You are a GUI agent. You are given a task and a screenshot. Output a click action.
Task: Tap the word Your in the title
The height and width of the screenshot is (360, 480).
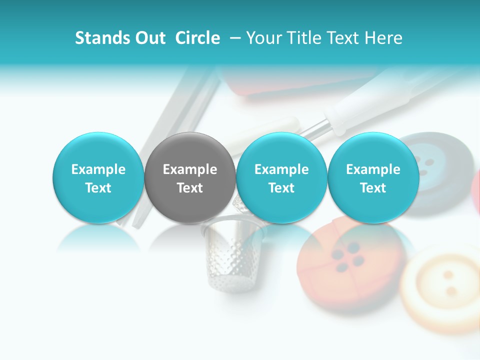pos(264,38)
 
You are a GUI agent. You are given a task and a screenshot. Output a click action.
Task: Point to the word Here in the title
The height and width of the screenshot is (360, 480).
pos(383,38)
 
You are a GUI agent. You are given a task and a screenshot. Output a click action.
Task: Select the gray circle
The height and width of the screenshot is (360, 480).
pos(189,177)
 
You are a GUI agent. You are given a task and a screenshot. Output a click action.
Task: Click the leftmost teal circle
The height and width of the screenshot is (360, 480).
pos(98,177)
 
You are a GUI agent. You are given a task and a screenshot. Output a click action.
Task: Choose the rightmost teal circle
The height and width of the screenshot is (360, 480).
pos(373,177)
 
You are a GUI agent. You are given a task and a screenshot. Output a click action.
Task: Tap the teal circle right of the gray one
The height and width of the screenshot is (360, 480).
pos(281,177)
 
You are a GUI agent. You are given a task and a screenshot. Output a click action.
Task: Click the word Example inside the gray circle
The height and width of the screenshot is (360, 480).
pos(189,169)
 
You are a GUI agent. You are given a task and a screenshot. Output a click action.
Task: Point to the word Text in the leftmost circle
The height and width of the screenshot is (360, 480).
pos(98,188)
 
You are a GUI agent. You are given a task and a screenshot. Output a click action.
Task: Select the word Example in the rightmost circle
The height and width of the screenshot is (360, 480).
pos(373,169)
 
